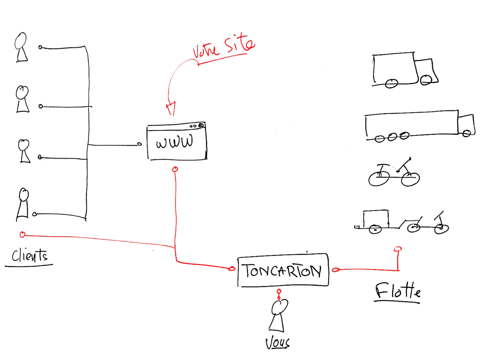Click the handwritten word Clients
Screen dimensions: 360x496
click(x=29, y=256)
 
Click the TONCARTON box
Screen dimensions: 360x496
click(x=283, y=271)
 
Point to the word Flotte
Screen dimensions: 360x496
click(x=398, y=291)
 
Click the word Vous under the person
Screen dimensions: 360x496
click(x=277, y=343)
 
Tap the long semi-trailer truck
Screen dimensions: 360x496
click(x=418, y=126)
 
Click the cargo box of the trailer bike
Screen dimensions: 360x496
click(x=376, y=219)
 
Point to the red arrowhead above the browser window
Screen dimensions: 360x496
click(x=171, y=108)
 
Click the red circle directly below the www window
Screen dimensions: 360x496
click(x=175, y=169)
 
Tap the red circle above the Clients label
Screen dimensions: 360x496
click(x=22, y=235)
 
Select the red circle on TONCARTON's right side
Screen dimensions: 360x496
click(x=335, y=270)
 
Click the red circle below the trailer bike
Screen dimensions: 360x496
click(x=398, y=249)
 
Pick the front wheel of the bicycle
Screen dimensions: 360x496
click(x=410, y=179)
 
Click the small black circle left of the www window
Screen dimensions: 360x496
click(x=139, y=144)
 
